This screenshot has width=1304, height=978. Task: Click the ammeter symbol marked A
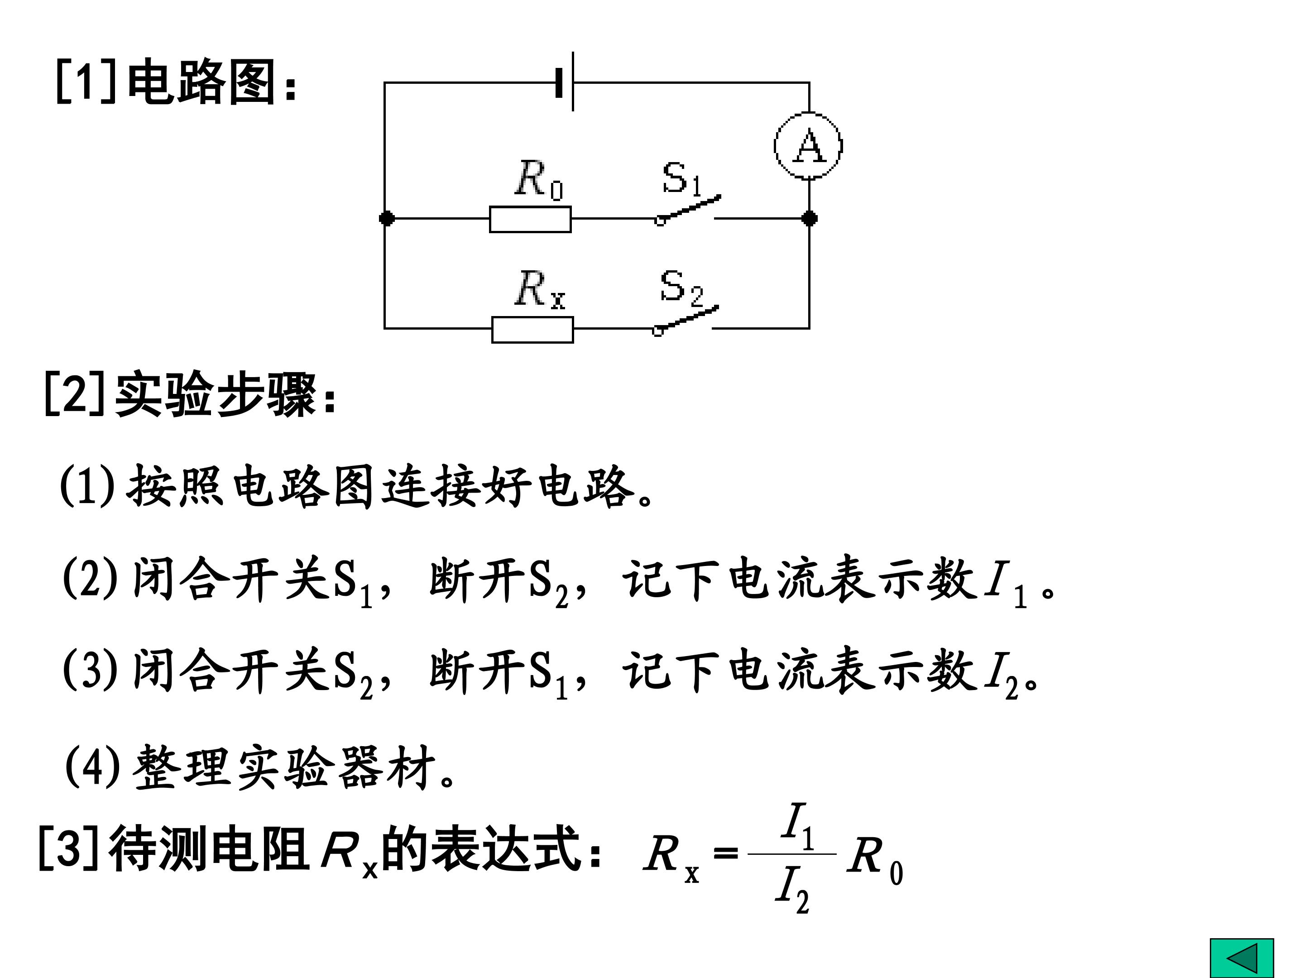pyautogui.click(x=808, y=146)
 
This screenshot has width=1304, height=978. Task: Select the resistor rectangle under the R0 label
pyautogui.click(x=530, y=219)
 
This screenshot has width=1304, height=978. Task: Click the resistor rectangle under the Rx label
pyautogui.click(x=532, y=330)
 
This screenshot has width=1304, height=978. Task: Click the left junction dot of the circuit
pyautogui.click(x=387, y=219)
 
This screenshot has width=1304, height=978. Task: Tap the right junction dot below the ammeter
pyautogui.click(x=810, y=219)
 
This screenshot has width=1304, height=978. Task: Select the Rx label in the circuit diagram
pyautogui.click(x=539, y=289)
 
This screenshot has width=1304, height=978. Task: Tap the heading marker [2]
pyautogui.click(x=74, y=394)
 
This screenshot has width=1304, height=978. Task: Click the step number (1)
pyautogui.click(x=87, y=486)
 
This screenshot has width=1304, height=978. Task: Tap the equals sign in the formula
pyautogui.click(x=725, y=853)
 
